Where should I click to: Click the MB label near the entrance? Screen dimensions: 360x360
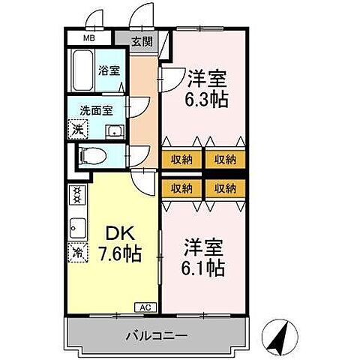[88, 37]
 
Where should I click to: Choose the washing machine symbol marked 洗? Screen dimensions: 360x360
[77, 129]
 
